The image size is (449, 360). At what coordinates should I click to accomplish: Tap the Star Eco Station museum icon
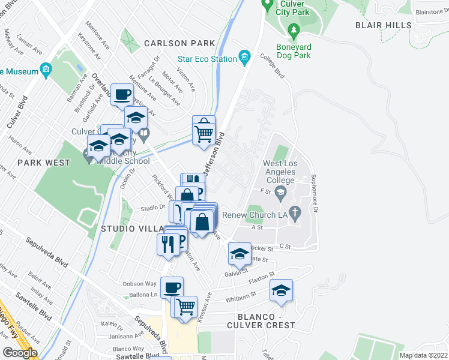pyautogui.click(x=244, y=58)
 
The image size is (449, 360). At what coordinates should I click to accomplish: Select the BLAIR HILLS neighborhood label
pyautogui.click(x=384, y=25)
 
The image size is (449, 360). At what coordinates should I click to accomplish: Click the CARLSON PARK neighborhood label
pyautogui.click(x=179, y=43)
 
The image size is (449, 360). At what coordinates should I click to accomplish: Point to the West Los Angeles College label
pyautogui.click(x=280, y=172)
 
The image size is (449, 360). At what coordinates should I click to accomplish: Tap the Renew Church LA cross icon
pyautogui.click(x=294, y=212)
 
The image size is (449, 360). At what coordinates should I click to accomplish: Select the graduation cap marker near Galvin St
pyautogui.click(x=240, y=254)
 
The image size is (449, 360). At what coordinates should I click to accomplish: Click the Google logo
pyautogui.click(x=20, y=353)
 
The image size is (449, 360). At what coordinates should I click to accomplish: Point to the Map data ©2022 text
pyautogui.click(x=424, y=355)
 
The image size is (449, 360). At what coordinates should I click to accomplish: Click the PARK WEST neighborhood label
pyautogui.click(x=41, y=163)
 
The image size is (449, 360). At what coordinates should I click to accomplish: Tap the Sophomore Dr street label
pyautogui.click(x=313, y=199)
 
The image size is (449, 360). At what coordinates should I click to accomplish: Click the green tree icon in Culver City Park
pyautogui.click(x=293, y=29)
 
